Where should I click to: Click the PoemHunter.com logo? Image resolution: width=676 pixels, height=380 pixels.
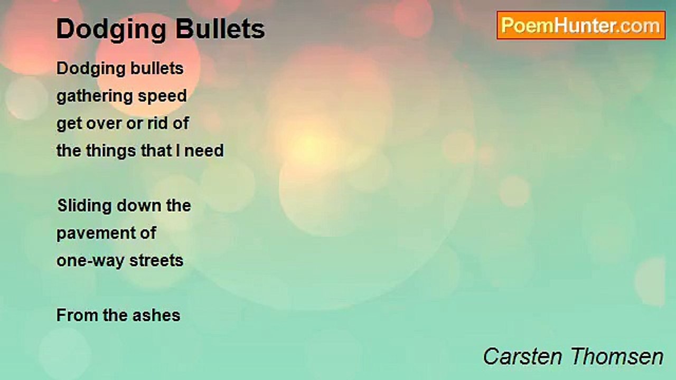581,25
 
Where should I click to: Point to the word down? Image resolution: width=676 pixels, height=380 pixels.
139,205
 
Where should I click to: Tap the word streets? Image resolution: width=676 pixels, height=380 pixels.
157,261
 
